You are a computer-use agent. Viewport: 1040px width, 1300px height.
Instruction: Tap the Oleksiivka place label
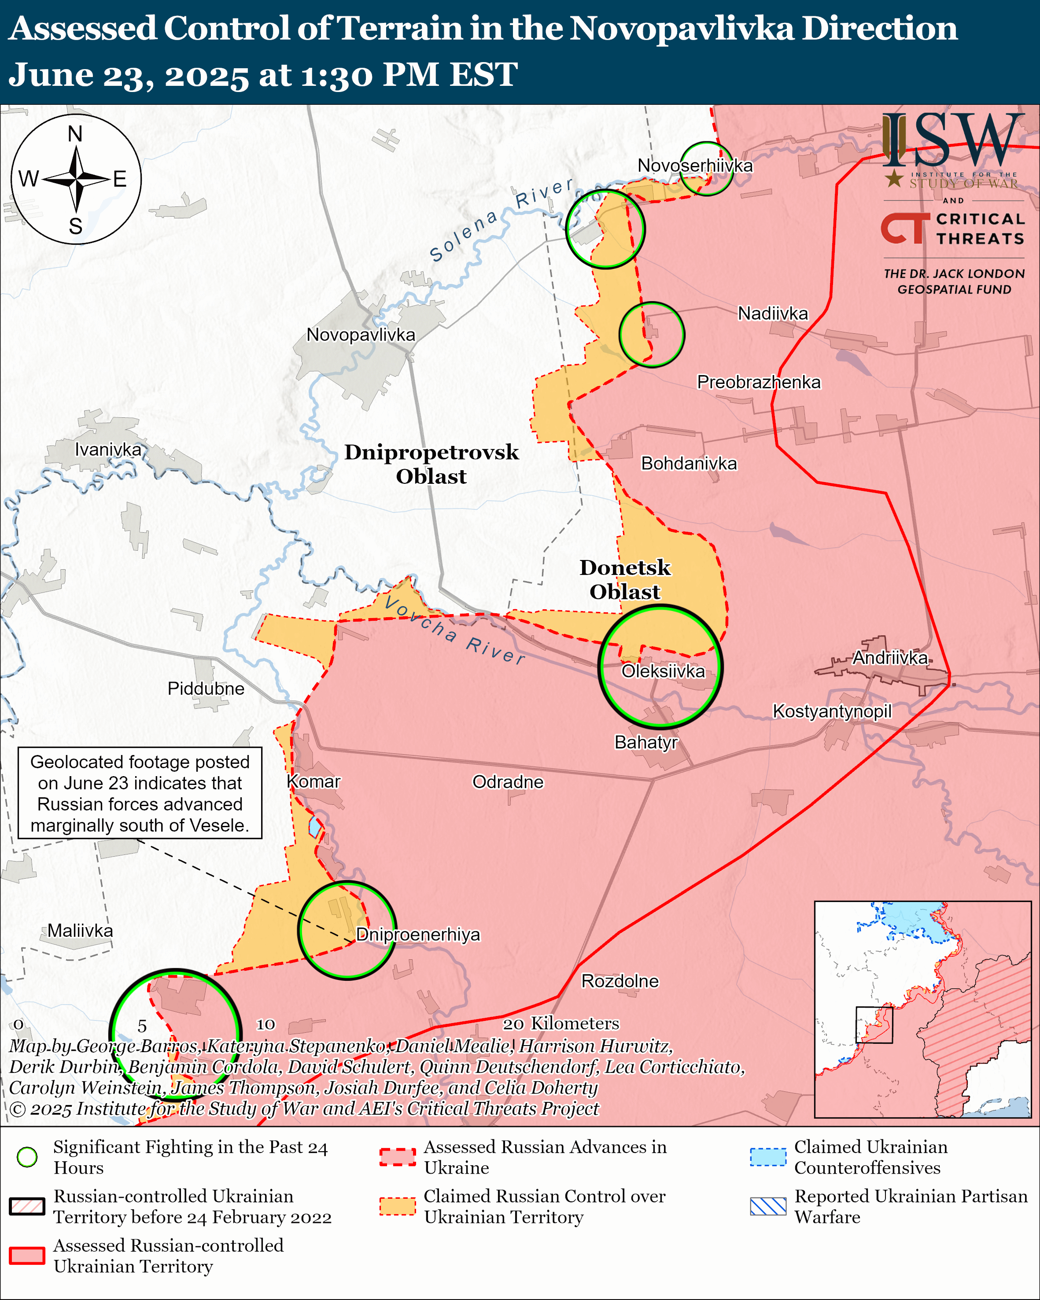coord(663,671)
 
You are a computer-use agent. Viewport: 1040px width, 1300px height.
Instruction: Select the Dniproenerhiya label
coord(418,935)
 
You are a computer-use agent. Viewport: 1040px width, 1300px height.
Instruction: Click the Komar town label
coord(313,781)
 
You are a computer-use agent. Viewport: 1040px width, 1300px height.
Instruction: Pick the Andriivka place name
coord(889,657)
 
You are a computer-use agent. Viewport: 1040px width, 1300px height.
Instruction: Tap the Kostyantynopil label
coord(831,711)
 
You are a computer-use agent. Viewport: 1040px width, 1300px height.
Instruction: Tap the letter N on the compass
coord(75,134)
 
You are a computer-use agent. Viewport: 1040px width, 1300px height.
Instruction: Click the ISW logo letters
coord(952,142)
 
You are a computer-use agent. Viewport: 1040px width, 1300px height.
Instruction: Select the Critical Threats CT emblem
coord(904,228)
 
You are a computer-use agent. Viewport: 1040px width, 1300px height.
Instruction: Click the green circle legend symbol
coord(27,1156)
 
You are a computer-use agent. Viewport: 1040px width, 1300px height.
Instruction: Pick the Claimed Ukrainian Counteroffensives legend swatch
coord(767,1157)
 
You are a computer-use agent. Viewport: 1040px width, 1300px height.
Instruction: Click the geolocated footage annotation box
coord(140,793)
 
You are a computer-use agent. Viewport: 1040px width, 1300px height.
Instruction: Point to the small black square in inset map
coord(874,1024)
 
